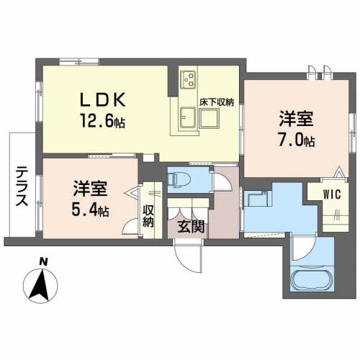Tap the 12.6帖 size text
coord(104,120)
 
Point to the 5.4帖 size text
coord(89,210)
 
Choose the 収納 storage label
coord(148,215)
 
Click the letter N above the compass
coord(44,261)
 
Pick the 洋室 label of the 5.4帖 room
coord(90,189)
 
